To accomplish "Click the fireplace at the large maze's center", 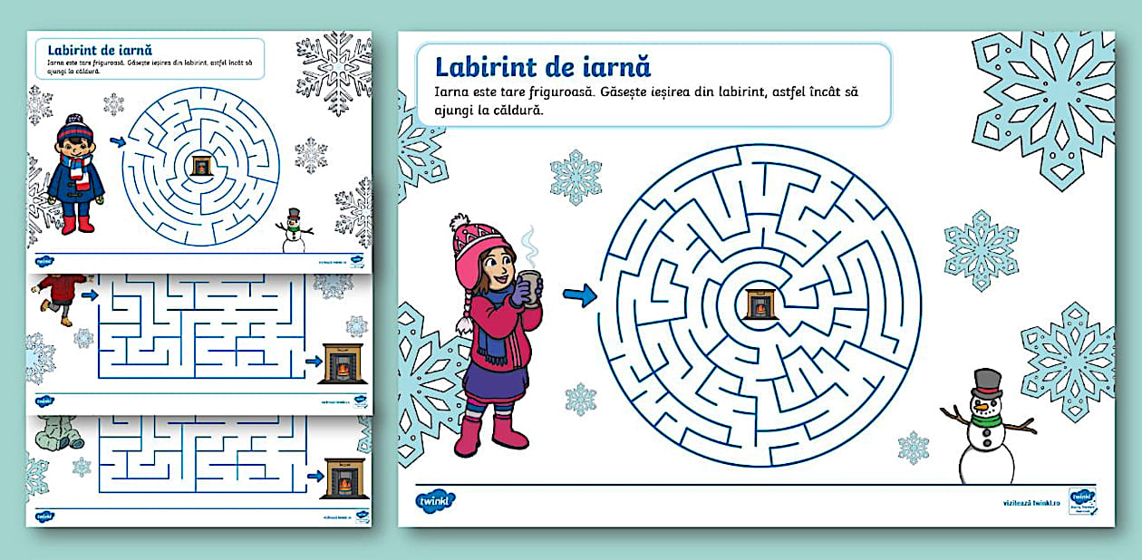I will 760,304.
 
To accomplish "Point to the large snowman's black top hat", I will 987,381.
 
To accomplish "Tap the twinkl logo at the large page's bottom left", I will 436,500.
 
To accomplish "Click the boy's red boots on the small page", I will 77,224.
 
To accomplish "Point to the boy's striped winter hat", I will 74,130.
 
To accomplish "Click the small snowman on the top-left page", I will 294,232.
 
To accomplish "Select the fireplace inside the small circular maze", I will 200,165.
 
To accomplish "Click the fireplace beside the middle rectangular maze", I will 342,362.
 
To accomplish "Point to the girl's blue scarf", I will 495,343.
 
